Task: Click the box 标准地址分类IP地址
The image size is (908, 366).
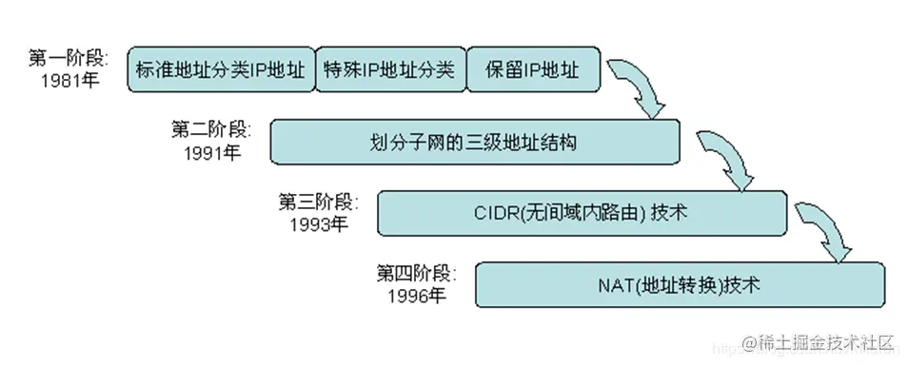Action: coord(221,69)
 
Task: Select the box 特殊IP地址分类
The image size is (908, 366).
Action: coord(389,69)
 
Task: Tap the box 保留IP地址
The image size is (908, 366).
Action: coord(534,69)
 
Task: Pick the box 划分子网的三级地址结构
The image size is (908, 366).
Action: coord(475,143)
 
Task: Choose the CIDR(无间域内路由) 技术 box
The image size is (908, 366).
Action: coord(582,214)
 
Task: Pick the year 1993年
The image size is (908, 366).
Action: coord(318,224)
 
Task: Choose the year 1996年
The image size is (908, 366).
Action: coord(416,296)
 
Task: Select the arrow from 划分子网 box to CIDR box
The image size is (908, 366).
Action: coord(731,157)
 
